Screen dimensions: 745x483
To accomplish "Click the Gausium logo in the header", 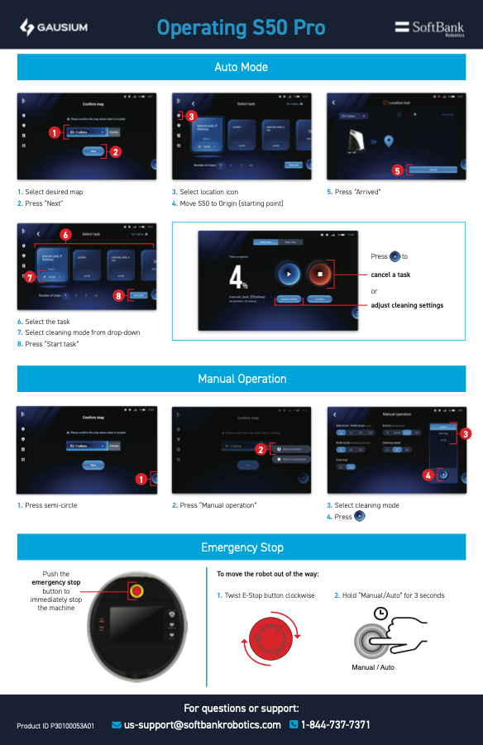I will pos(53,28).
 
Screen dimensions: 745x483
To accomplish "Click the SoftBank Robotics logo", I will pos(429,28).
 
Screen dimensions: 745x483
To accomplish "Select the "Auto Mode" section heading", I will pos(241,67).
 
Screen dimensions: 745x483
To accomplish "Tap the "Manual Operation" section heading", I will pos(241,379).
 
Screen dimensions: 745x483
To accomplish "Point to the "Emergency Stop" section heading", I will pos(241,547).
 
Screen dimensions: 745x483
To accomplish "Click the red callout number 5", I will pos(397,170).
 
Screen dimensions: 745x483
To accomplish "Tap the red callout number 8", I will pos(119,295).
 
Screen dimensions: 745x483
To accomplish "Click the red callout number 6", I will pos(65,234).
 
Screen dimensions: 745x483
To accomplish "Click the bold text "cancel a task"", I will pos(390,275).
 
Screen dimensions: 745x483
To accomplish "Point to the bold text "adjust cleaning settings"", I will pos(407,305).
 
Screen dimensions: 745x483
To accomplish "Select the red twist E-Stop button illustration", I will pos(272,638).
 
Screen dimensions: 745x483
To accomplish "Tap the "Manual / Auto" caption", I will pos(373,666).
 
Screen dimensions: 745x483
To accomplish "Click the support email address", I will pos(203,725).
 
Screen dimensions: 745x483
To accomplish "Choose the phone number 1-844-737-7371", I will pos(335,725).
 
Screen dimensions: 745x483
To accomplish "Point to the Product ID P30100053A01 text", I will pos(55,726).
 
